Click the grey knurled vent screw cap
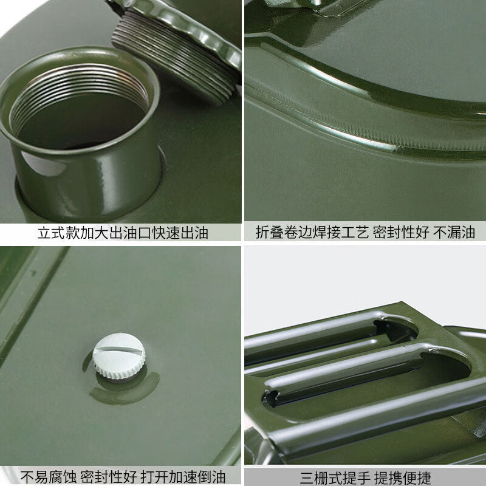[119, 357]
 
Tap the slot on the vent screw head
[118, 350]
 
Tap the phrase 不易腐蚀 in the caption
[49, 477]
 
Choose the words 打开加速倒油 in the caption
[183, 477]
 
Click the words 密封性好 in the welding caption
[401, 232]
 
